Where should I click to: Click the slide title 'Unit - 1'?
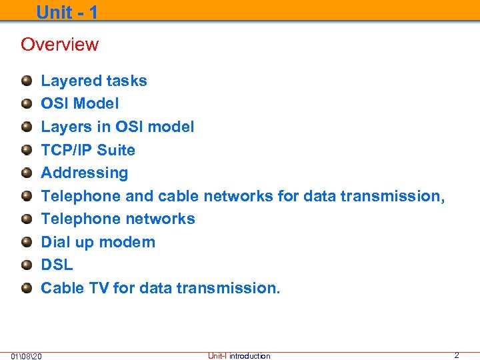coord(67,12)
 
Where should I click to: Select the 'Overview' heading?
coord(59,45)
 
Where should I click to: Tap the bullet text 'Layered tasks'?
coord(94,81)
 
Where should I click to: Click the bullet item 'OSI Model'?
coord(80,103)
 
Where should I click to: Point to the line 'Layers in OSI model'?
coord(117,127)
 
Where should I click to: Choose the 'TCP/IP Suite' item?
coord(88,150)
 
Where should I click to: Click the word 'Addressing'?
coord(85,173)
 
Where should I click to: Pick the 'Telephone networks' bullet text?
coord(118,219)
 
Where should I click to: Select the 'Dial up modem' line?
coord(98,242)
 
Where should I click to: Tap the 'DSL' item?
coord(57,265)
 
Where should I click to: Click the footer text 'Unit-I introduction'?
coord(239,356)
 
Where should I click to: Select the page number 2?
coord(456,355)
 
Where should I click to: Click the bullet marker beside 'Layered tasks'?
coord(26,81)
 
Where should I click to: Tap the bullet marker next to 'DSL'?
coord(26,265)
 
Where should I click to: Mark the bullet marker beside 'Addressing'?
coord(26,173)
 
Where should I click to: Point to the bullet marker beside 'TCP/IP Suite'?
coord(26,150)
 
